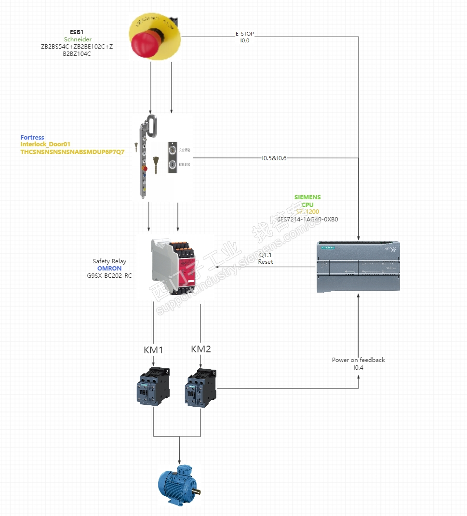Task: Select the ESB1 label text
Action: click(x=77, y=32)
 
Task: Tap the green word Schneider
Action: click(x=78, y=39)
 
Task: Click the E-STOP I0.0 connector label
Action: click(x=244, y=38)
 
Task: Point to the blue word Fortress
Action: click(x=32, y=138)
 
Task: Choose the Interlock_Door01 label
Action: click(x=45, y=144)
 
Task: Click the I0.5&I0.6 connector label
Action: click(x=274, y=158)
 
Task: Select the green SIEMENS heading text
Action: click(x=307, y=197)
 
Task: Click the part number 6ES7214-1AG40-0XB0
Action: click(x=307, y=219)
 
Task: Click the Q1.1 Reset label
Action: click(x=266, y=258)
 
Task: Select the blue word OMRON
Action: click(x=109, y=268)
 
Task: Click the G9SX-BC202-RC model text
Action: click(x=109, y=276)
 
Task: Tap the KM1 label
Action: click(x=153, y=350)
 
